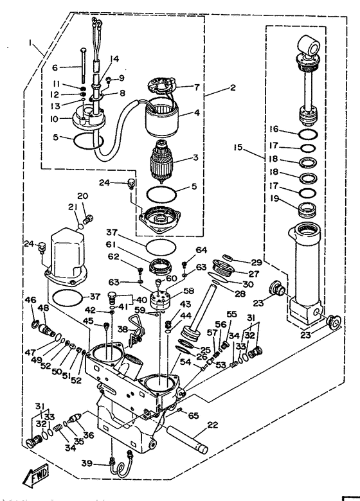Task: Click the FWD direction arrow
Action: click(35, 473)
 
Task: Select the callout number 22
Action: click(213, 425)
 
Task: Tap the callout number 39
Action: click(87, 462)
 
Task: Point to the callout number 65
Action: click(194, 416)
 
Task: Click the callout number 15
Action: click(239, 148)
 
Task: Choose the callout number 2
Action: click(233, 87)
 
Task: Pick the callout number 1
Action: click(32, 43)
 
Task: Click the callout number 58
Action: click(189, 291)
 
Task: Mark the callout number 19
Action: click(274, 198)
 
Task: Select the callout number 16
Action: click(274, 128)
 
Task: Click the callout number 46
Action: click(31, 300)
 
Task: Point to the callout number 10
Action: click(54, 119)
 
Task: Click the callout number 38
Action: click(122, 328)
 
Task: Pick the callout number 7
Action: click(197, 87)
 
